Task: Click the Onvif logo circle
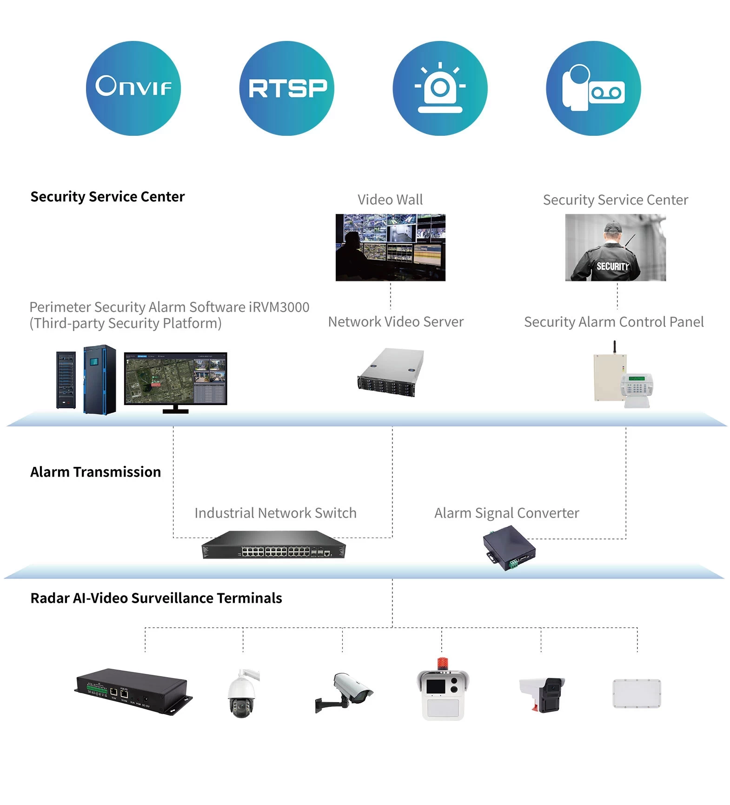click(133, 88)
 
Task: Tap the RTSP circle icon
click(286, 88)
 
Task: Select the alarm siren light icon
click(440, 88)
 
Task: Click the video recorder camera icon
click(593, 88)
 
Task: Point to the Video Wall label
click(390, 200)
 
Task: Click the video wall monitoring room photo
click(390, 247)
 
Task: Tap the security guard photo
click(615, 247)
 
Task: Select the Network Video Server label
click(396, 322)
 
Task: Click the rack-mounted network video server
click(391, 373)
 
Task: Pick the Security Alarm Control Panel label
click(614, 322)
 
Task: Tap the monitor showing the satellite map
click(175, 379)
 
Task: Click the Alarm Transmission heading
click(95, 472)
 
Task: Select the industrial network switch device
click(273, 545)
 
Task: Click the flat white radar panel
click(637, 693)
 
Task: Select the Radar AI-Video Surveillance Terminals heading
click(156, 598)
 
